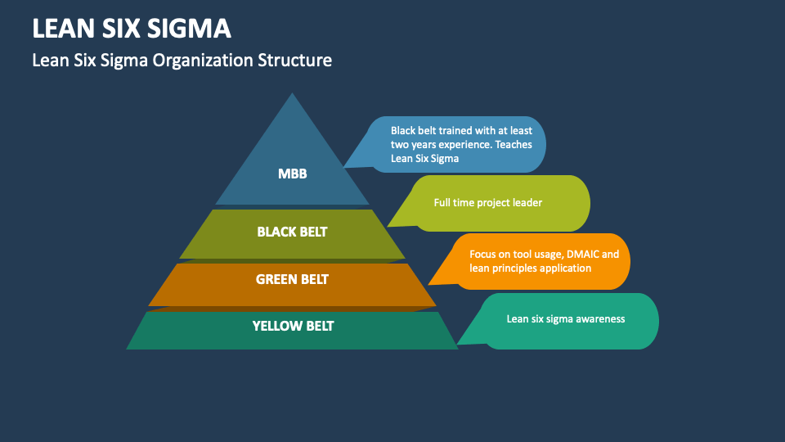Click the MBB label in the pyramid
(292, 174)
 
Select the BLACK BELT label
(292, 232)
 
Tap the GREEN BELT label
(292, 279)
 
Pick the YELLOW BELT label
(293, 326)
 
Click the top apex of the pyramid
(292, 94)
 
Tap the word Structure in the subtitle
(295, 60)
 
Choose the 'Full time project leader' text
(487, 202)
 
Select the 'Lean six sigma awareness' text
(565, 319)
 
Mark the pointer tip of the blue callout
(344, 167)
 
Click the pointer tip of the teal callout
(457, 344)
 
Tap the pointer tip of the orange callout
(429, 284)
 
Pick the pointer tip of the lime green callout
(388, 225)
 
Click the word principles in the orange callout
(516, 268)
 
